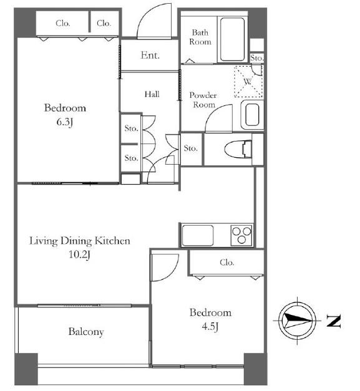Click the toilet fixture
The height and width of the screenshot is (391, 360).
point(238,150)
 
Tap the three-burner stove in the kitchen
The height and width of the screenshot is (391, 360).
point(241,235)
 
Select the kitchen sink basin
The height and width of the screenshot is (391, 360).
point(198,235)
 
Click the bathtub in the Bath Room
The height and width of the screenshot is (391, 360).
point(232,39)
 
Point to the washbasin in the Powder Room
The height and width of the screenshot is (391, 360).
point(252,115)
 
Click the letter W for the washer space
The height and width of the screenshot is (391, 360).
point(248,82)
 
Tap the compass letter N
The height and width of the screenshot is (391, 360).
point(334,321)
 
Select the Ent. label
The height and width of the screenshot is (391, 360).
point(150,55)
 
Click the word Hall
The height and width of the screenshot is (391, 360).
point(152,94)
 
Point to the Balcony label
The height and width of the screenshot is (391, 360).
point(86,332)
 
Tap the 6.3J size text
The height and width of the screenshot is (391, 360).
point(65,122)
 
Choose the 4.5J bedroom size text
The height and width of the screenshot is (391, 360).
point(210,326)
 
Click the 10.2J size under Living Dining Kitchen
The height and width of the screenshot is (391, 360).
point(79,254)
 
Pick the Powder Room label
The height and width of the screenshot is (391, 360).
point(203,100)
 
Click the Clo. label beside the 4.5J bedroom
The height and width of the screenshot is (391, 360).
point(226,263)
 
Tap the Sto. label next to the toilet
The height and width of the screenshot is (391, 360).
point(190,148)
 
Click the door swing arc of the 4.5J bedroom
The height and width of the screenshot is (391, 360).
point(172,273)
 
